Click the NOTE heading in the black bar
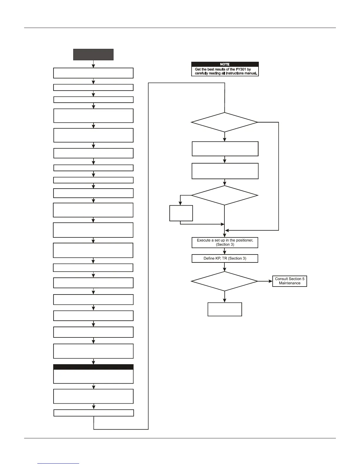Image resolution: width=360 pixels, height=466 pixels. coord(225,64)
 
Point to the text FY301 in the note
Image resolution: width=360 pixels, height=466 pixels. coord(241,69)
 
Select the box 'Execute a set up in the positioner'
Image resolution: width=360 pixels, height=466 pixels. coord(225,242)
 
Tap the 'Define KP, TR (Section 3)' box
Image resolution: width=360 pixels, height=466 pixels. coord(225,258)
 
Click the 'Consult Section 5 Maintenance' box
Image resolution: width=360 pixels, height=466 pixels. coord(289,281)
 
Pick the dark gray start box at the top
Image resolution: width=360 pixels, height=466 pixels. coord(93,54)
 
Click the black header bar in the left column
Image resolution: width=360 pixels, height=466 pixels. coord(93,367)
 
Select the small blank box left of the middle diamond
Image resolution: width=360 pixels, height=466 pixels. coord(181,213)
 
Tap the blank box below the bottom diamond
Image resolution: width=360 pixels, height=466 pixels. coord(225,309)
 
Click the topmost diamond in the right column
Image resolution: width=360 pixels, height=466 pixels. coord(224,122)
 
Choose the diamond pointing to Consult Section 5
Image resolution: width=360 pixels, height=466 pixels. coord(224,281)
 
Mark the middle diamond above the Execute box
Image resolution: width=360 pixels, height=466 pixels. coord(224,195)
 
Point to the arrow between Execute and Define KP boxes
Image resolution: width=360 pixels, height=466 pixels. coord(225,252)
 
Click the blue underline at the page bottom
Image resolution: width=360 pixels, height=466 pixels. coord(58,463)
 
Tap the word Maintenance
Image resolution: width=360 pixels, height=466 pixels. coord(290,283)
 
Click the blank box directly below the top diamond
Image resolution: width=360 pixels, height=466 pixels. coord(225,149)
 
